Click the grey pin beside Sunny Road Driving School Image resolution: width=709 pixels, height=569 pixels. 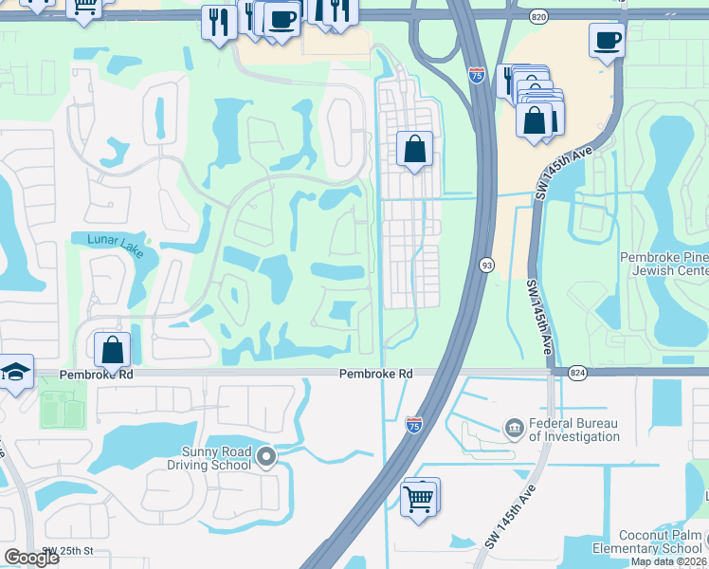click(266, 459)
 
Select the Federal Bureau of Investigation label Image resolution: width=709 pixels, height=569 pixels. click(573, 430)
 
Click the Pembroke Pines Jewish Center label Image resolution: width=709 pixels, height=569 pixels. click(664, 264)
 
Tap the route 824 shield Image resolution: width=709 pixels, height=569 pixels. click(577, 375)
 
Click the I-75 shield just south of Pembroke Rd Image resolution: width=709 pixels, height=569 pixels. click(413, 425)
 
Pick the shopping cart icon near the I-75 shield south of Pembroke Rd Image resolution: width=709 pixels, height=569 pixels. click(419, 497)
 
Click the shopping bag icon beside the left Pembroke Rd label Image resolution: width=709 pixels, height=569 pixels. click(113, 349)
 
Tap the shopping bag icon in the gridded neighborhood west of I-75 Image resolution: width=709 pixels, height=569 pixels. click(414, 149)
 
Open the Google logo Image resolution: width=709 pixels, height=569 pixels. click(31, 557)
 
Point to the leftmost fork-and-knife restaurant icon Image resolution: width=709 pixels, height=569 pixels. click(218, 22)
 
